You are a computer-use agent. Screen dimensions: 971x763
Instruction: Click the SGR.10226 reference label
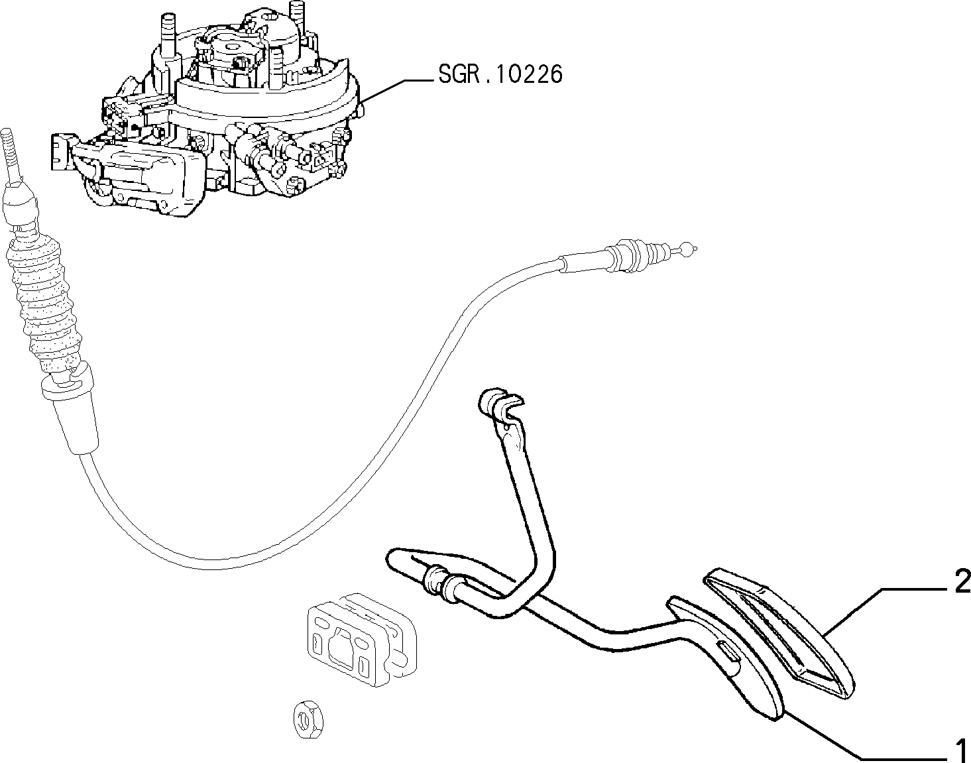point(500,74)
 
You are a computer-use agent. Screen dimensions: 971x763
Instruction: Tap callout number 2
point(962,581)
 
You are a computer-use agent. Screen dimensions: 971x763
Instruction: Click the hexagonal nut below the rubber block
point(308,717)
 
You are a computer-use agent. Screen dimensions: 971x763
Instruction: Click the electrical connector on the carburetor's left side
point(60,151)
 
